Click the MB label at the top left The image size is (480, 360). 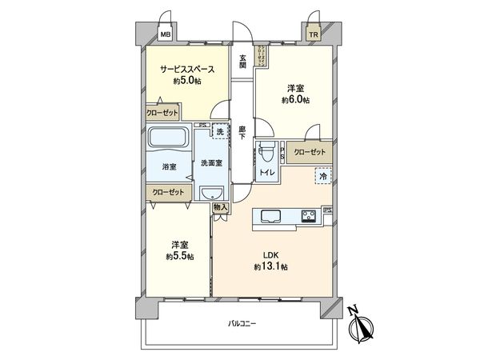[165, 35]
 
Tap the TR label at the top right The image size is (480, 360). [313, 35]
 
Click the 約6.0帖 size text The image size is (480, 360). [294, 101]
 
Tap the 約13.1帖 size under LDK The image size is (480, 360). [271, 266]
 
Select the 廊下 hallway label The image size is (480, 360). [242, 132]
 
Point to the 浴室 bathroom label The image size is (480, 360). [170, 167]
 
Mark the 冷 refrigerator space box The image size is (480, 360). [322, 176]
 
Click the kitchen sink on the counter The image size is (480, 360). [269, 216]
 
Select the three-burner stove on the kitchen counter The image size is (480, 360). [309, 216]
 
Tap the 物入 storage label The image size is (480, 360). [221, 206]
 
